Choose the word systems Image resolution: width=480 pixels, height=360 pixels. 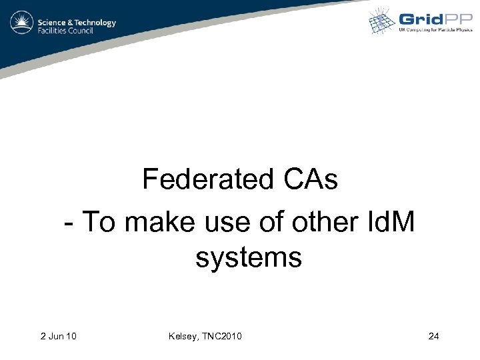click(x=249, y=257)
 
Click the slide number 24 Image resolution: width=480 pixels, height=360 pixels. click(x=433, y=336)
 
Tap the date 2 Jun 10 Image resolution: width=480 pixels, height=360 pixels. click(x=58, y=336)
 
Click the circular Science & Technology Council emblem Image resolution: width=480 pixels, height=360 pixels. click(x=23, y=25)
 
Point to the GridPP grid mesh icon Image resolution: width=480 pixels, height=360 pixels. click(x=383, y=21)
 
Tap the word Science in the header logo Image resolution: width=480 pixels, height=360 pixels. click(x=51, y=22)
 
